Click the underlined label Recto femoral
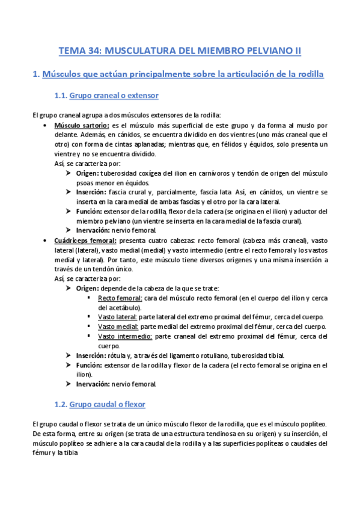coord(120,298)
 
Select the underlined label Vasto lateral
coord(117,317)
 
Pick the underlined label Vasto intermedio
coord(125,336)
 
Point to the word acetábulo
coord(120,307)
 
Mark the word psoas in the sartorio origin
coord(86,183)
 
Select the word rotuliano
coord(223,355)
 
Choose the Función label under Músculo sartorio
coord(89,212)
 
